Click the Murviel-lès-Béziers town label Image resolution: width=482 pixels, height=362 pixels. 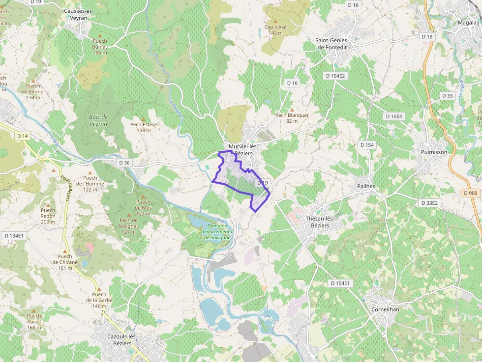tap(243, 150)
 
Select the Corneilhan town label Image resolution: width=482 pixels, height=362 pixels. tap(385, 310)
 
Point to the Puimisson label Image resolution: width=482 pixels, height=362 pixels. tap(434, 152)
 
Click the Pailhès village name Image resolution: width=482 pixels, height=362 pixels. tap(366, 187)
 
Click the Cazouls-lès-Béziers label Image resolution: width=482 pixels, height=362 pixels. tap(121, 340)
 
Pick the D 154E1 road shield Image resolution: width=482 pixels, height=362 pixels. tap(340, 283)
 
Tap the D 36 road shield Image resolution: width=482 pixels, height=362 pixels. tap(124, 163)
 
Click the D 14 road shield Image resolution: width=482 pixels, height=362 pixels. tap(23, 136)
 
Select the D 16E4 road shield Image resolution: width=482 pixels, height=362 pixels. tap(393, 116)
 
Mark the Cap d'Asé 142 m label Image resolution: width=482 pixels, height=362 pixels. tap(275, 30)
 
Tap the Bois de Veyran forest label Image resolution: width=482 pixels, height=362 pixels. tap(98, 120)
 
